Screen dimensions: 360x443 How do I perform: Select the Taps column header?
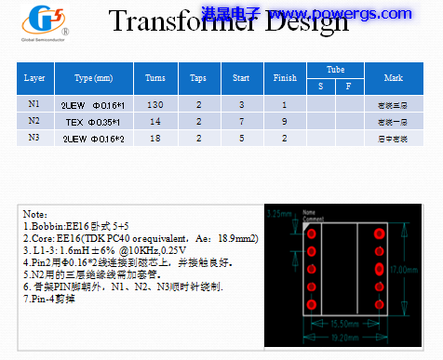pyautogui.click(x=198, y=78)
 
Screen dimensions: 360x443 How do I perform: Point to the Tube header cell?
pyautogui.click(x=335, y=71)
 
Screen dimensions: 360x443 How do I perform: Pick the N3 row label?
pyautogui.click(x=34, y=137)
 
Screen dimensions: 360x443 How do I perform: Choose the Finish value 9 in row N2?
pyautogui.click(x=285, y=121)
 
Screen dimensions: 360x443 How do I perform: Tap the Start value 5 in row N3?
pyautogui.click(x=241, y=137)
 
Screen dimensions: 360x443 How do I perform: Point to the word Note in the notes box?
pyautogui.click(x=35, y=215)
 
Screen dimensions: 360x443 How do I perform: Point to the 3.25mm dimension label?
pyautogui.click(x=280, y=214)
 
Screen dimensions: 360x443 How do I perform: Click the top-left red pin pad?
pyautogui.click(x=314, y=233)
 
